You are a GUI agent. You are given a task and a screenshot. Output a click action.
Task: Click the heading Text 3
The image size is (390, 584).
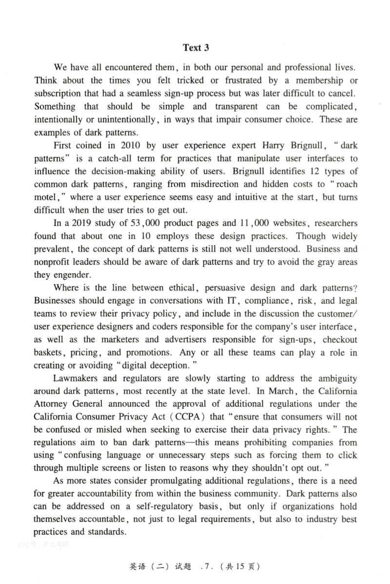coord(195,47)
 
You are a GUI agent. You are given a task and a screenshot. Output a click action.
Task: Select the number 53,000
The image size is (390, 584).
coord(142,224)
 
